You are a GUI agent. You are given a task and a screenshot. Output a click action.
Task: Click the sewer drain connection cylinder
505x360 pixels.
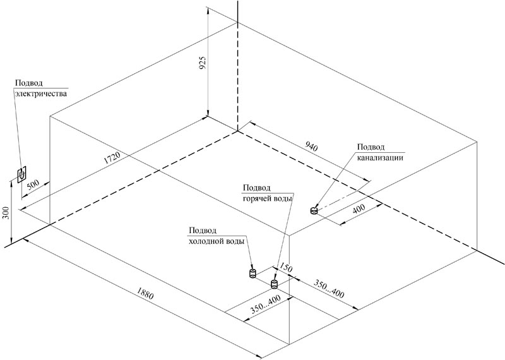[x=314, y=210]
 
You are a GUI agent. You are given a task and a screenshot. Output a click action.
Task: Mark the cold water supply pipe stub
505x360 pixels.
[x=251, y=274]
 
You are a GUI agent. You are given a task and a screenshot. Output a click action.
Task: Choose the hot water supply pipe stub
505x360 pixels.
[x=275, y=284]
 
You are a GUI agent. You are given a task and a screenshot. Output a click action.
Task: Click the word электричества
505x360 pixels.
[x=40, y=93]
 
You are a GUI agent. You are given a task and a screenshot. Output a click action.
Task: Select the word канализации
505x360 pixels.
[x=380, y=158]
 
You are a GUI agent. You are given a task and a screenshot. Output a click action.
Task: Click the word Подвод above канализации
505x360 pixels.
[x=371, y=148]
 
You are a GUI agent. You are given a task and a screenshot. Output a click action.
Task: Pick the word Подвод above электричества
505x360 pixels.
[x=29, y=83]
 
